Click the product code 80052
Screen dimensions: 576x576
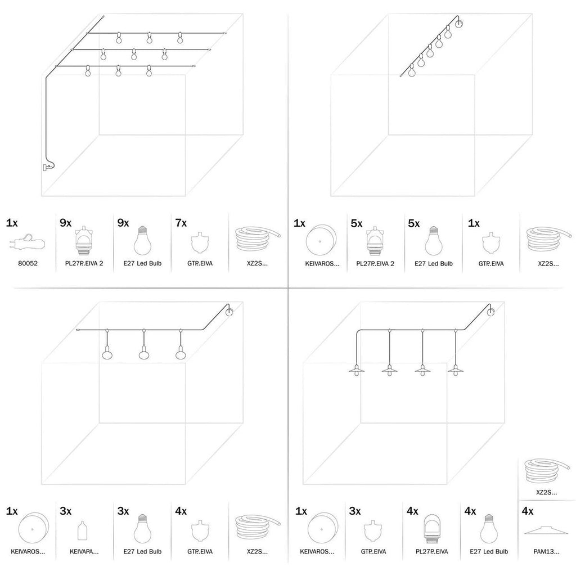tap(28, 263)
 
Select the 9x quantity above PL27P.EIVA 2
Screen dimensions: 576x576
tap(66, 223)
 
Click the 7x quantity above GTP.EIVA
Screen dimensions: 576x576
tap(180, 223)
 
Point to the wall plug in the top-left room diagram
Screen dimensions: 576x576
tap(46, 166)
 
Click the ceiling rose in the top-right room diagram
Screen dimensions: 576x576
tap(459, 24)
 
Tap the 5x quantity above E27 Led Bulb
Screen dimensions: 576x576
tap(414, 223)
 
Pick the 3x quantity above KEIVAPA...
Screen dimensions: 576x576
tap(66, 511)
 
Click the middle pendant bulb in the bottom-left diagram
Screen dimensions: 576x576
tap(144, 355)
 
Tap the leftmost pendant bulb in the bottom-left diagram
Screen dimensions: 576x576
tap(107, 355)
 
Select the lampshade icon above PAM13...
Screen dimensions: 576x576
tap(544, 532)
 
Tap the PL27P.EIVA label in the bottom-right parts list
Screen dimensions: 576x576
tap(431, 552)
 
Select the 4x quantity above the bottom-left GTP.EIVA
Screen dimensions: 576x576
tap(180, 511)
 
